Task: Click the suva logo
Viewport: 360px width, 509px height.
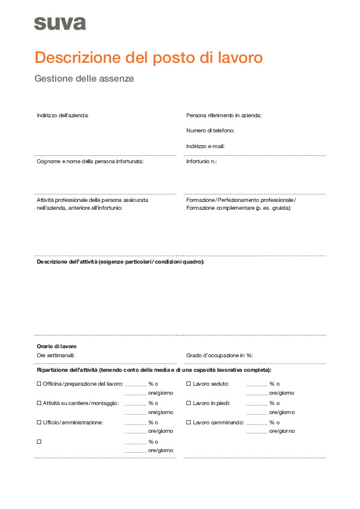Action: [60, 24]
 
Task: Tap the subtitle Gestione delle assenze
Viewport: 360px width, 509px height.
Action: [84, 79]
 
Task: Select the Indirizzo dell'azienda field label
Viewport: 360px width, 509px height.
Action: [62, 115]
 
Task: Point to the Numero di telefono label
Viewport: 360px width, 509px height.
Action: [210, 130]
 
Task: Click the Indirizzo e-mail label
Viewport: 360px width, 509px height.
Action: [206, 146]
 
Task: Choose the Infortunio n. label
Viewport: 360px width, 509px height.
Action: [201, 161]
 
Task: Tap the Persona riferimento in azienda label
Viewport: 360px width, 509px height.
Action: [224, 115]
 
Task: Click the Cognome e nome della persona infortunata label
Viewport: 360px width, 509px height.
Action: [90, 161]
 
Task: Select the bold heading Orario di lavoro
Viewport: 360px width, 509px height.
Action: [57, 346]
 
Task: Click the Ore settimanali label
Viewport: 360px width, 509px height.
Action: [56, 355]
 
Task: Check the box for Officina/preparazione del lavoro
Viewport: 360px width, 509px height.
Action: [39, 383]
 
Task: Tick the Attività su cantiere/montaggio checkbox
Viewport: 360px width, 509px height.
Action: [39, 403]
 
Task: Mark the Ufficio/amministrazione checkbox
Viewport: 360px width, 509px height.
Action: [39, 422]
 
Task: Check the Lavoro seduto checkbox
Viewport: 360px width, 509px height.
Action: [188, 383]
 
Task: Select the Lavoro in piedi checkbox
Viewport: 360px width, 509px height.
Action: [188, 403]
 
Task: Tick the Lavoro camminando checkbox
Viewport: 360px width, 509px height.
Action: [188, 422]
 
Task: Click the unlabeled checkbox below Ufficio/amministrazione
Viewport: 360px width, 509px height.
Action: [39, 441]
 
